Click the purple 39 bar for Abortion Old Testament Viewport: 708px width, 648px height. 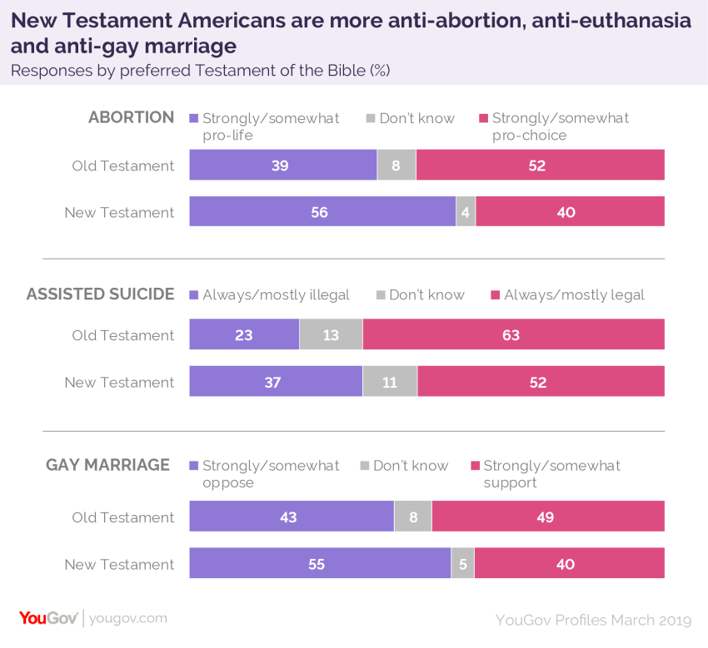[x=282, y=166]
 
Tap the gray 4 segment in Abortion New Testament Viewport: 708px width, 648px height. [x=466, y=212]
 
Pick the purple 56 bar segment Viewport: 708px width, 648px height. [x=322, y=212]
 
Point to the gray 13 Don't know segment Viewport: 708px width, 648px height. [x=331, y=335]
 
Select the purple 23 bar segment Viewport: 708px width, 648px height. [x=244, y=335]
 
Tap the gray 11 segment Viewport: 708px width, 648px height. [x=390, y=382]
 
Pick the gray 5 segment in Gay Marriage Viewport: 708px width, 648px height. [x=462, y=563]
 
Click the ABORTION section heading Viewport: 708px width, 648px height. [x=131, y=117]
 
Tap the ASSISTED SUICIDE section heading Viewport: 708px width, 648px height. [x=100, y=294]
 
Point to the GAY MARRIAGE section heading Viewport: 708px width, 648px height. [x=107, y=465]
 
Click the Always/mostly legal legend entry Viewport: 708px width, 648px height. [x=568, y=294]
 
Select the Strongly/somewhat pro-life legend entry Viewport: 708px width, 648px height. [x=265, y=126]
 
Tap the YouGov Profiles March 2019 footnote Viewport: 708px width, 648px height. [x=593, y=620]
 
